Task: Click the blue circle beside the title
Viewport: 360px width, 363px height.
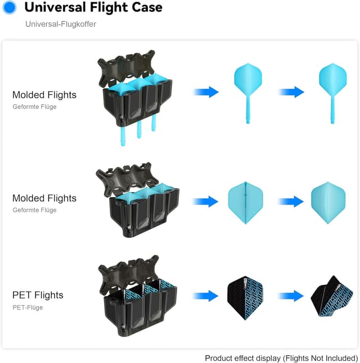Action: pyautogui.click(x=10, y=8)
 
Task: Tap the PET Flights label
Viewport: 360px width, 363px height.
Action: pyautogui.click(x=38, y=295)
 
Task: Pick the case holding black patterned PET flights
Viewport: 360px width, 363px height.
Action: pyautogui.click(x=138, y=301)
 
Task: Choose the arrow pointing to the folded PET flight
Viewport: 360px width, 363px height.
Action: pyautogui.click(x=291, y=295)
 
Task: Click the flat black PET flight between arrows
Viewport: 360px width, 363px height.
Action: pyautogui.click(x=245, y=297)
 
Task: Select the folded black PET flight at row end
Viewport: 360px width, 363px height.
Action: pyautogui.click(x=332, y=297)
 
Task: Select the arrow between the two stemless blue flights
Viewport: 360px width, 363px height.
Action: pyautogui.click(x=291, y=201)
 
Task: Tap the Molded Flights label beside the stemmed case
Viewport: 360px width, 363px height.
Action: pyautogui.click(x=44, y=95)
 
